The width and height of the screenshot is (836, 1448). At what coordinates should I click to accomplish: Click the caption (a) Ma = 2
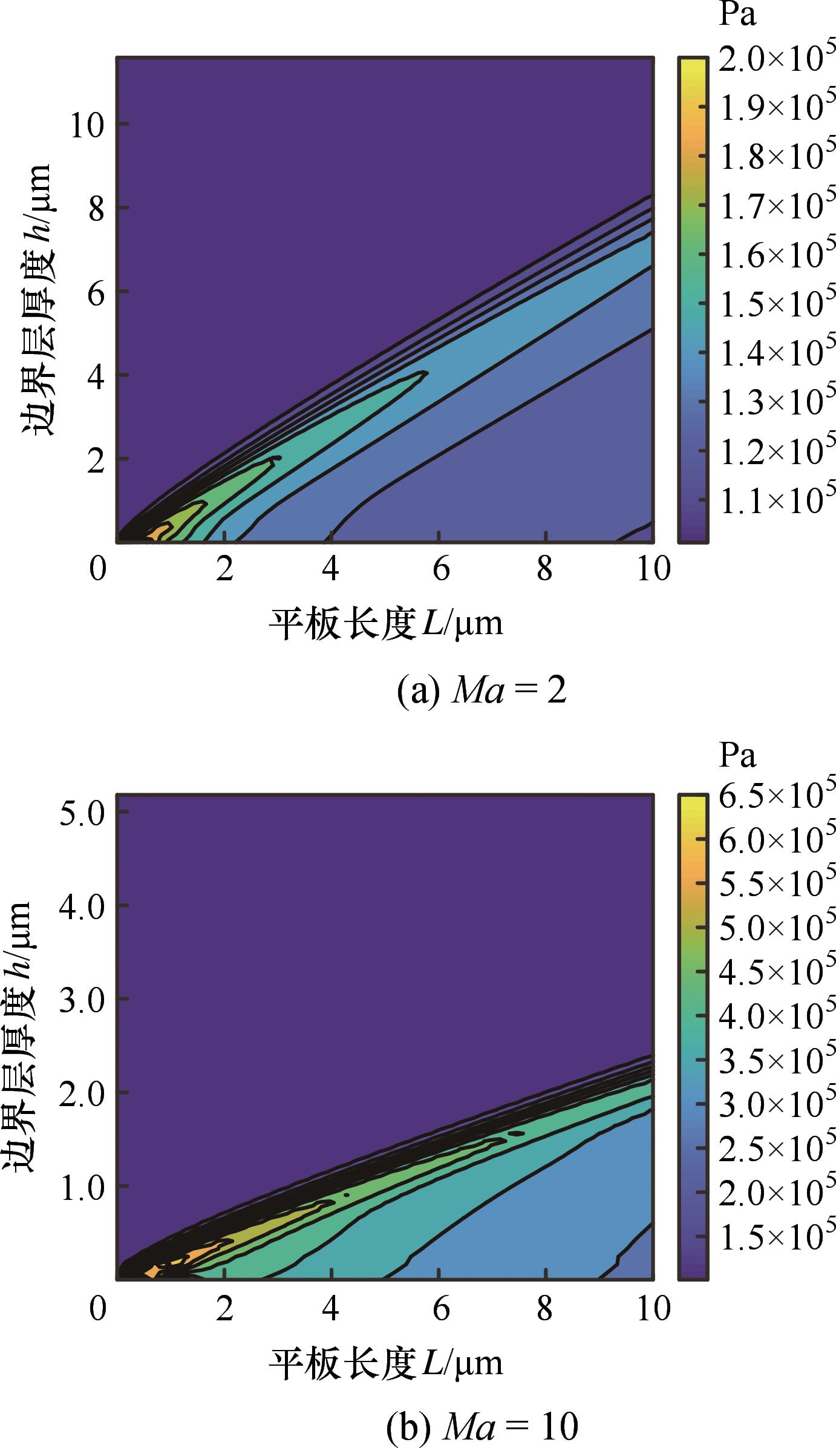coord(482,691)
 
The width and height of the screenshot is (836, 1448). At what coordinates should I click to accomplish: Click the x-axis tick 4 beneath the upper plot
coord(331,569)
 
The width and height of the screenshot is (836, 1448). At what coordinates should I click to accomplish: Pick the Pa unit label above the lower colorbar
coord(737,756)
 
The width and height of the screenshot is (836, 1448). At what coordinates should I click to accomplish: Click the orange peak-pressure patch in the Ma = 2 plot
coord(160,533)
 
